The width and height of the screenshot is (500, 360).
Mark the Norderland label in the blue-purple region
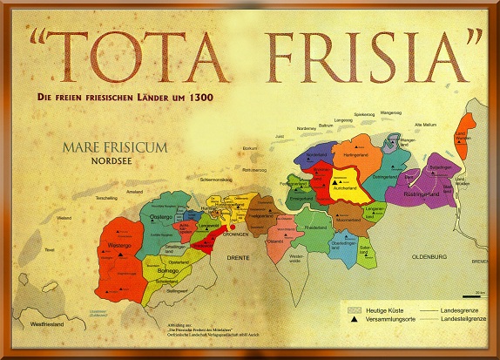point(317,155)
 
